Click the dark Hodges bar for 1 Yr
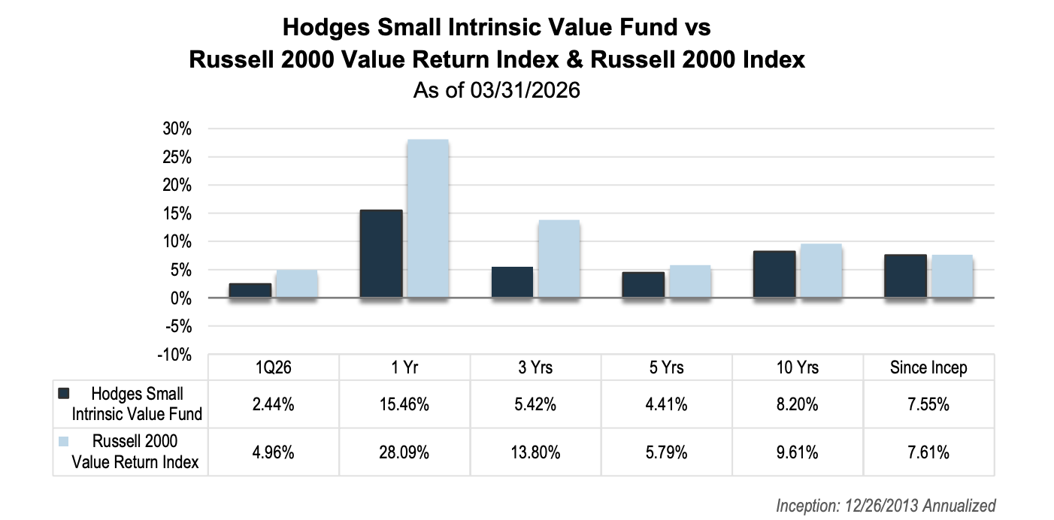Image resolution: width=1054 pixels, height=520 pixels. (381, 254)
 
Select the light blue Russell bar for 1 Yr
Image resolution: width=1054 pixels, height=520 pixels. (428, 219)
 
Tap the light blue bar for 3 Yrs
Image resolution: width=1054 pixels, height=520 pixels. (559, 259)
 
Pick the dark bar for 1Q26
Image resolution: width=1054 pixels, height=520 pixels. (250, 290)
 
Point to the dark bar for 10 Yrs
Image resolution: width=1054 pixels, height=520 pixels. (774, 274)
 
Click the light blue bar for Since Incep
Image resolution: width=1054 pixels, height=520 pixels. (952, 277)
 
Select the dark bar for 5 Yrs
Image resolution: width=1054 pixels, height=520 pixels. (644, 285)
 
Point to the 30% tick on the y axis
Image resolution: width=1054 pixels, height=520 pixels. (177, 129)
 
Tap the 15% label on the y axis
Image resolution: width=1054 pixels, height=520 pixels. (177, 213)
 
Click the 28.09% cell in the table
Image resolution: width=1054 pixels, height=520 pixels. (405, 452)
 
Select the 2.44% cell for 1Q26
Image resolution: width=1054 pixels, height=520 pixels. (274, 404)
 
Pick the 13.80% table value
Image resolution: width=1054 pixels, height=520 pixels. (535, 452)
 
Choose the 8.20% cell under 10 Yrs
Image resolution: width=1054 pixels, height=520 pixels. (797, 404)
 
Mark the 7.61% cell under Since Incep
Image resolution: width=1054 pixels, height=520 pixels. (928, 452)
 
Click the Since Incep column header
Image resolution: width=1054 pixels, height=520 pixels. (928, 368)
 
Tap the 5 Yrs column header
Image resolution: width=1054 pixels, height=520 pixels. (666, 368)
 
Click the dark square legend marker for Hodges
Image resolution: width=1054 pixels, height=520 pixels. (63, 393)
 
